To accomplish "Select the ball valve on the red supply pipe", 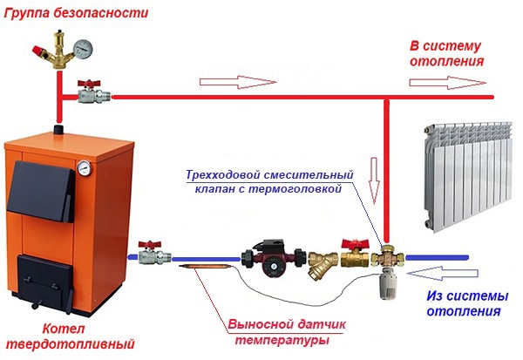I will tap(87, 92).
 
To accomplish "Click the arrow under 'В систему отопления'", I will tap(445, 83).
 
